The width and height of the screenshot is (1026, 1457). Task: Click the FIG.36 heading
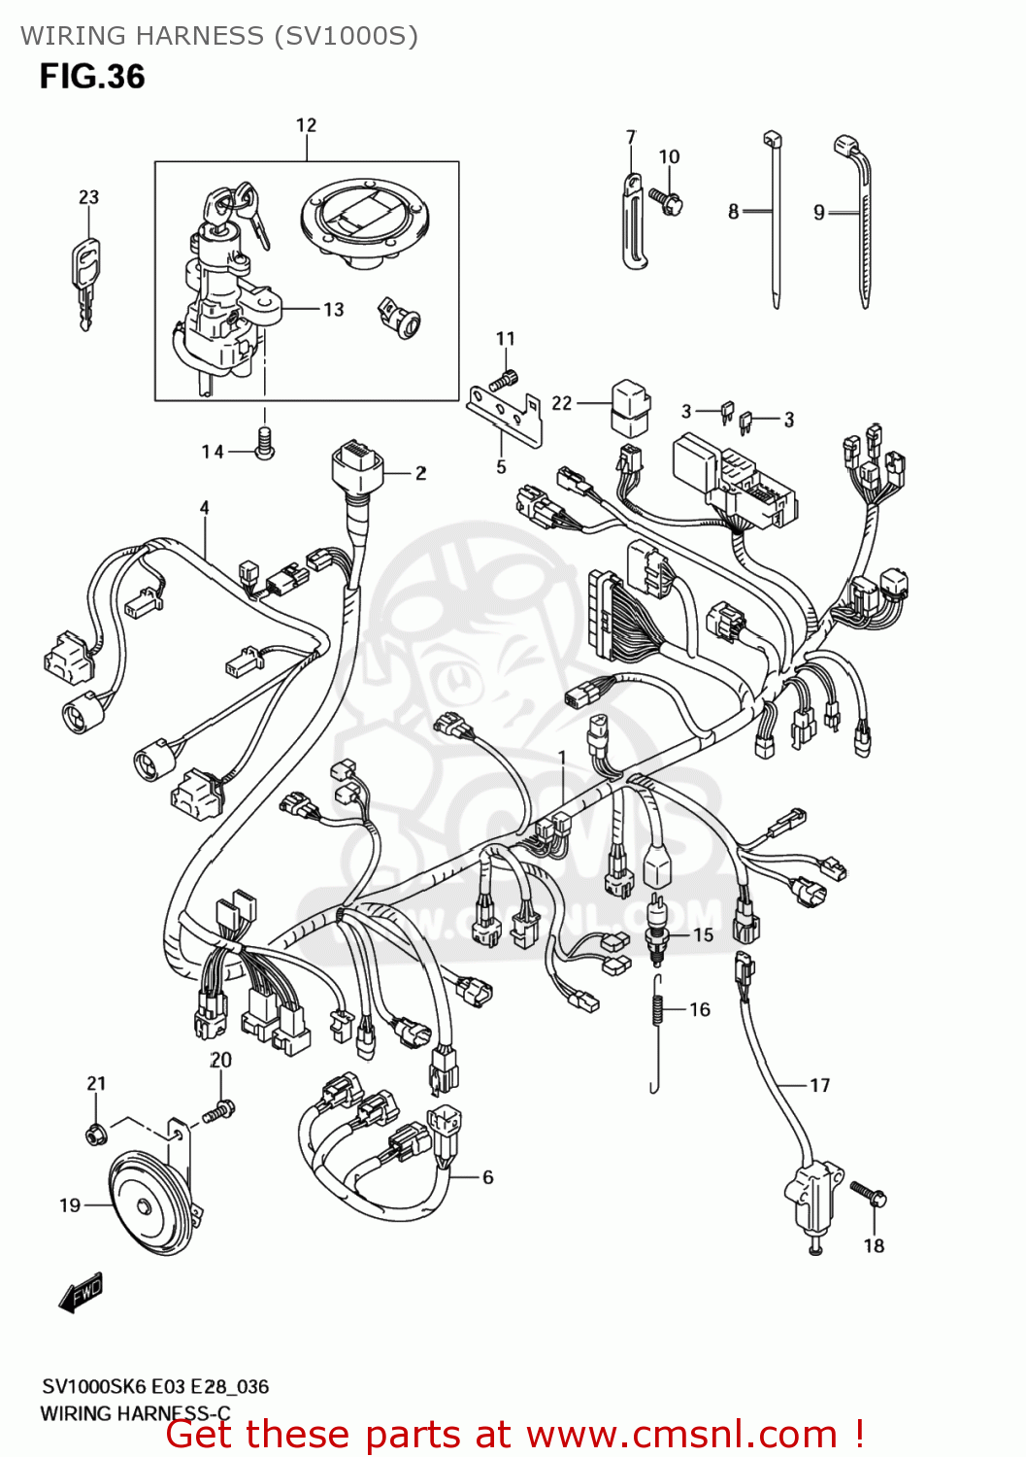pos(92,77)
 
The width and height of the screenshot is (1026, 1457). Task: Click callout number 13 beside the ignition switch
pos(334,310)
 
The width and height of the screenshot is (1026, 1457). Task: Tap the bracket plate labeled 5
pos(504,413)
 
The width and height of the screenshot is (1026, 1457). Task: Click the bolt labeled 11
pos(505,379)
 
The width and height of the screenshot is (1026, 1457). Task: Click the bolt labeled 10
pos(669,201)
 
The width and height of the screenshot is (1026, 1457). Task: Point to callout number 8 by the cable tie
pos(734,212)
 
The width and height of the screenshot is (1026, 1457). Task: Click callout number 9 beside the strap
pos(819,212)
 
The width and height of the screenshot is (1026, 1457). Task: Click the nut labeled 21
pos(95,1133)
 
